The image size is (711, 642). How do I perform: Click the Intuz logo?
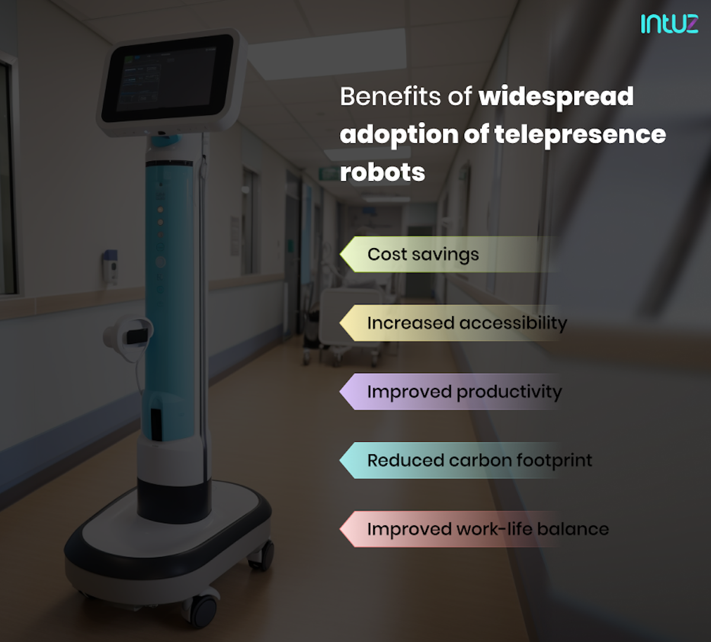(669, 23)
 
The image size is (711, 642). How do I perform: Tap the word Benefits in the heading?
(391, 97)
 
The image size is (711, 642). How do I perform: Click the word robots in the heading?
(382, 172)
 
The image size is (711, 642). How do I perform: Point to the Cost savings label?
(422, 254)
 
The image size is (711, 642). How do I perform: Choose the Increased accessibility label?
(467, 323)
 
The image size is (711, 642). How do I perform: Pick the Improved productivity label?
(464, 391)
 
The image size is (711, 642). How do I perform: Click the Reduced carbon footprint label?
(479, 460)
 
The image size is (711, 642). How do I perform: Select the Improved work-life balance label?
(488, 529)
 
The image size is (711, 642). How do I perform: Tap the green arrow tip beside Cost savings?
(347, 254)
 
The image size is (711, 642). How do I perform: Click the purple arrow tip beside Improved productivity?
(347, 391)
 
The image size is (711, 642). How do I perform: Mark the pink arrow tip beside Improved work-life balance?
(347, 529)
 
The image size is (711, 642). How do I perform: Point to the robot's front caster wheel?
(204, 608)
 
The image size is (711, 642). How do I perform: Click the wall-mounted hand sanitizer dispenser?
(110, 267)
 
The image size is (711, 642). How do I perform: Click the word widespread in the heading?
(556, 97)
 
